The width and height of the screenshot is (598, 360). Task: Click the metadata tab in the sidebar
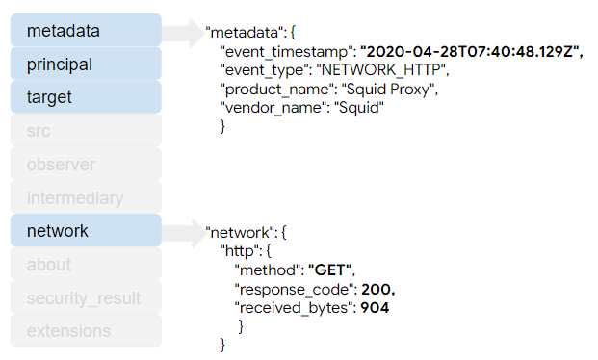tap(86, 31)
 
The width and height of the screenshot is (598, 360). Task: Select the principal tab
tap(86, 64)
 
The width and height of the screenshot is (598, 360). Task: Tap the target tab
tap(86, 97)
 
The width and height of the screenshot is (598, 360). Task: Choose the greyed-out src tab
tap(86, 131)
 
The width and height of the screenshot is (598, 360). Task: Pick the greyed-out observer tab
tap(86, 165)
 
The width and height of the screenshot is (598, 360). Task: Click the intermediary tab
tap(86, 198)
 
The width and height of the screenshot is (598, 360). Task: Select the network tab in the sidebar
tap(86, 231)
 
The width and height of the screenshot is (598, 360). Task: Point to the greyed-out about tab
tap(86, 265)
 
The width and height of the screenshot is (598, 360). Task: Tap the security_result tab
tap(86, 298)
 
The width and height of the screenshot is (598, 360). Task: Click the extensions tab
tap(86, 331)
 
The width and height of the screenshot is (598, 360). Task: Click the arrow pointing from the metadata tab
tap(182, 32)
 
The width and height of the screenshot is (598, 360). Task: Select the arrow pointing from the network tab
tap(182, 232)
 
